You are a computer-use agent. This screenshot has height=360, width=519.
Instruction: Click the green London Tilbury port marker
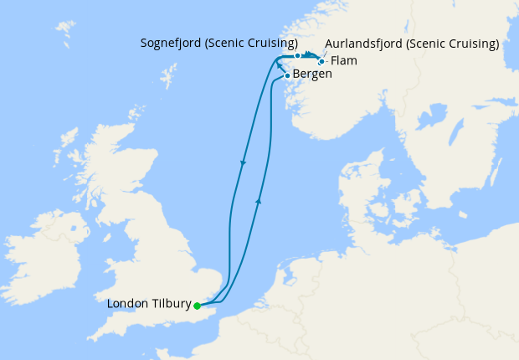coord(197,306)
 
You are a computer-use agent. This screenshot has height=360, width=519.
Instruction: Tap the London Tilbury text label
coord(148,304)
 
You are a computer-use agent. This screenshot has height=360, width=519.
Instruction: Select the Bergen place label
coord(312,75)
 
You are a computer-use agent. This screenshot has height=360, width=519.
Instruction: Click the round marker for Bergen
coord(288,76)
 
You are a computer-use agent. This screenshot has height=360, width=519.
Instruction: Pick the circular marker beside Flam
coord(321,61)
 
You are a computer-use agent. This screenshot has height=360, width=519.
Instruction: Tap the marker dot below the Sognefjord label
coord(297,55)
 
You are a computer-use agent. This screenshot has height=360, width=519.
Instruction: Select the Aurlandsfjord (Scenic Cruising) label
coord(413,43)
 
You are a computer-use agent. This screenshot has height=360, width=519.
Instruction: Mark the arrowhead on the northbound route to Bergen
coord(258,201)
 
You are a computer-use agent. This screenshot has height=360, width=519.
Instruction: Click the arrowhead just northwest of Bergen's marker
coord(278,64)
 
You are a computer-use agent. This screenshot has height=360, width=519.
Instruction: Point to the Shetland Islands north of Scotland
coord(173,74)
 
